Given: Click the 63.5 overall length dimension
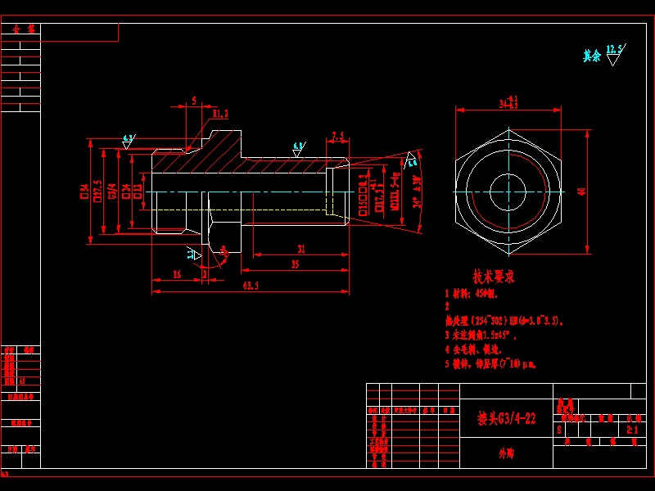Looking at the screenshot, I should tap(251, 286).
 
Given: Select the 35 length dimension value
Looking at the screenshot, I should tap(295, 264).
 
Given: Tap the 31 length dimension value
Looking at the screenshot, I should tap(301, 248).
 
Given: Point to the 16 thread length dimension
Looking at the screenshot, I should tap(177, 275).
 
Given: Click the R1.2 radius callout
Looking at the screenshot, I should tap(220, 114).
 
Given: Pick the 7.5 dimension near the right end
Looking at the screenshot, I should tap(337, 136).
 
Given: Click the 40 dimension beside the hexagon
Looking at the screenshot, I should tap(582, 191).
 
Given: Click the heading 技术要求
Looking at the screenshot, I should tap(494, 277).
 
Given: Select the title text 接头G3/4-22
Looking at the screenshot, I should tap(507, 418).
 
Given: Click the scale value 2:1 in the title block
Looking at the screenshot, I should tap(631, 429).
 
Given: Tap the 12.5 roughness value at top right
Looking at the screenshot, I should tap(614, 49).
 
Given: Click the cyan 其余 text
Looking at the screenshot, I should tap(591, 56).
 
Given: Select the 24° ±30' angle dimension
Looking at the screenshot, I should tap(418, 191).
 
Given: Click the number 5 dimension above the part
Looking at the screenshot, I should tap(193, 101).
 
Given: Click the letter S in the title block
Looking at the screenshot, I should tap(559, 429).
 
